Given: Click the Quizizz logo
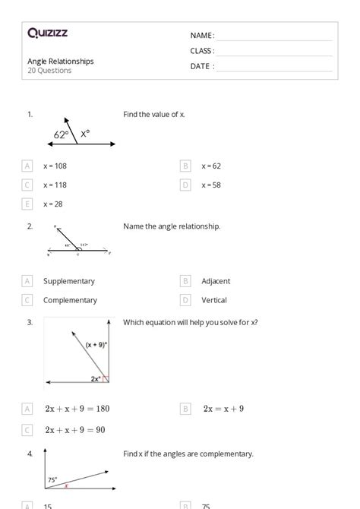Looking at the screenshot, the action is click(47, 33).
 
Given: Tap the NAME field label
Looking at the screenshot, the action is click(202, 36).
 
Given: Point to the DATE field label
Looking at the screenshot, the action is click(202, 66).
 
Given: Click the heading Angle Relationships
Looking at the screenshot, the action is click(61, 62).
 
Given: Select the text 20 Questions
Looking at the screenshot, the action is click(49, 71).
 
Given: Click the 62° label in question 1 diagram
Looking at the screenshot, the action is click(62, 134).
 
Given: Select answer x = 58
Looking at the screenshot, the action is click(211, 185).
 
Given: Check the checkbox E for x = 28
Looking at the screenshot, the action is click(28, 204).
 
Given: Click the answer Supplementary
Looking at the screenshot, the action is click(69, 281).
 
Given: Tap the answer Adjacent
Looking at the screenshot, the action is click(216, 281).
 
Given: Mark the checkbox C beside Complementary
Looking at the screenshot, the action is click(28, 300).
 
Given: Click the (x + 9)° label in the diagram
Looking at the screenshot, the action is click(96, 345).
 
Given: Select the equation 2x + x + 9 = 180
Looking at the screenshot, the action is click(77, 409).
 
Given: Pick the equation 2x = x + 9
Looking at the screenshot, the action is click(223, 409).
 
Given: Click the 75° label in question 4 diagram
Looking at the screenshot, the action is click(53, 479).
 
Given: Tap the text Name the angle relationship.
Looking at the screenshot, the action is click(172, 226).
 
